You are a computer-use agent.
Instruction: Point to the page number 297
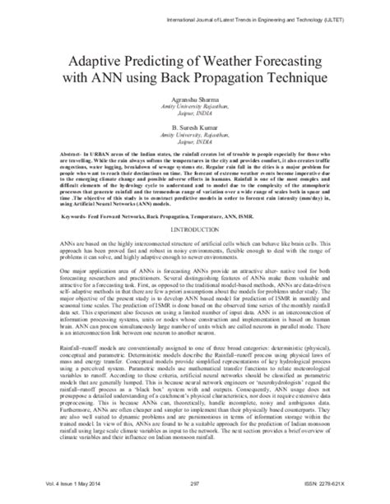tap(195, 493)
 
